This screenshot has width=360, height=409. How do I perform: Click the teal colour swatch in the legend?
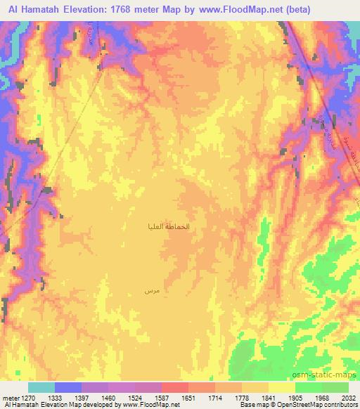click(41, 387)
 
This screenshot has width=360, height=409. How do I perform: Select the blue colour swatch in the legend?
click(68, 387)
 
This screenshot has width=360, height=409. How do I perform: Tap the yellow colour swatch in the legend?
click(281, 387)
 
